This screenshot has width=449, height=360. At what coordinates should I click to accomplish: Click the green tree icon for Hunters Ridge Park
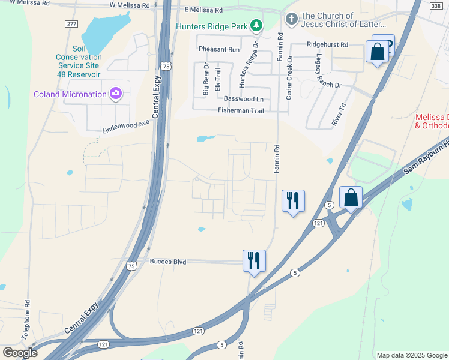(256, 25)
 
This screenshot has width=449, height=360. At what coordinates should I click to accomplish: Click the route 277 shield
(72, 23)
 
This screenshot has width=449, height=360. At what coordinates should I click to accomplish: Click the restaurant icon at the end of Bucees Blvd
(254, 260)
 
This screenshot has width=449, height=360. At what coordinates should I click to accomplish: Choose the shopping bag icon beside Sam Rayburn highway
(351, 197)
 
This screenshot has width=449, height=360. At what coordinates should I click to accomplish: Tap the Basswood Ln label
(243, 98)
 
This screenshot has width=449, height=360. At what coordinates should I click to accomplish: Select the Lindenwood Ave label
(125, 125)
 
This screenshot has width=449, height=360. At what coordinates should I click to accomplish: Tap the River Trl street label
(339, 114)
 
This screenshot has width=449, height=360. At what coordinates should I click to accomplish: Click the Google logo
(20, 353)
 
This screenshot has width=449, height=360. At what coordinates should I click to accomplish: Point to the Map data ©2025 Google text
(411, 355)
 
